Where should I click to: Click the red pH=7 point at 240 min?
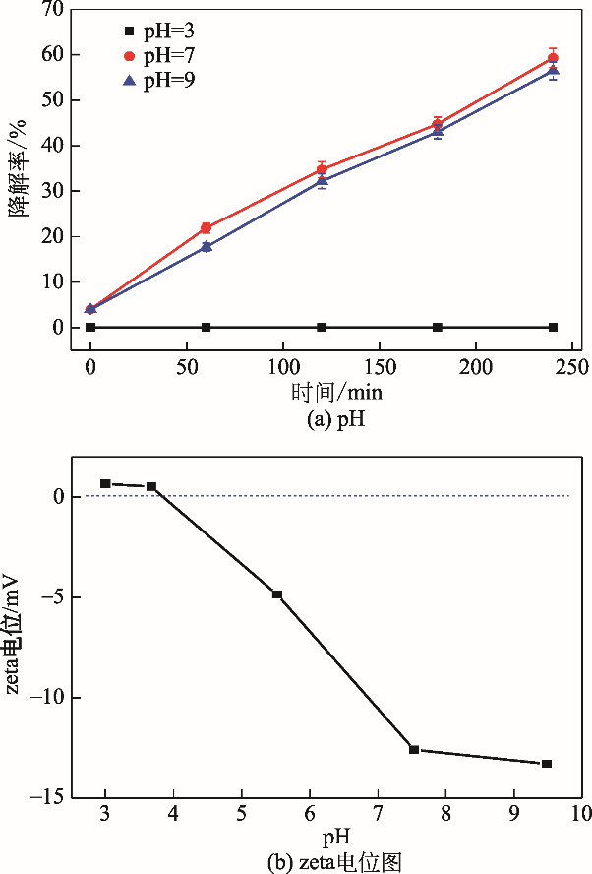[553, 58]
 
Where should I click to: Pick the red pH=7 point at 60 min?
[206, 228]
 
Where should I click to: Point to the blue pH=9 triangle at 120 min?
[322, 180]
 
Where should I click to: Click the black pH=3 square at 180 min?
[438, 327]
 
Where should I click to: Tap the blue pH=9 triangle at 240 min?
[553, 71]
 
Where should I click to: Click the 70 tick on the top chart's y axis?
[52, 10]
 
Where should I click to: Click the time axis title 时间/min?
[336, 392]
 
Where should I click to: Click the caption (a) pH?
[336, 417]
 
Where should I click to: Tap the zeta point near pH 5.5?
[277, 594]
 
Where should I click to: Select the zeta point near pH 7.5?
[414, 750]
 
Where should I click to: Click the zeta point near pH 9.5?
[547, 764]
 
